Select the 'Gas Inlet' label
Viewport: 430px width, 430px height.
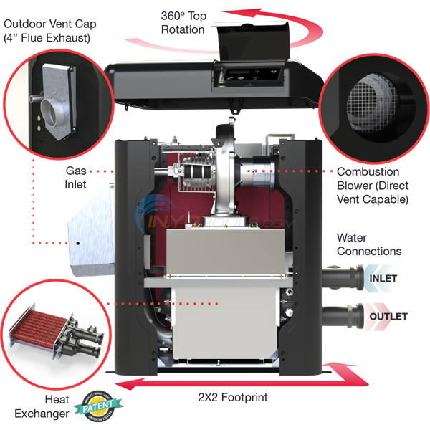[x=76, y=178]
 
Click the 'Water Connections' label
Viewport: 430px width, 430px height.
[x=368, y=244]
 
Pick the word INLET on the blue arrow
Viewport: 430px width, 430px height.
[x=383, y=278]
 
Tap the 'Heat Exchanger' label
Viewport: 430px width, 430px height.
[x=42, y=406]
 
